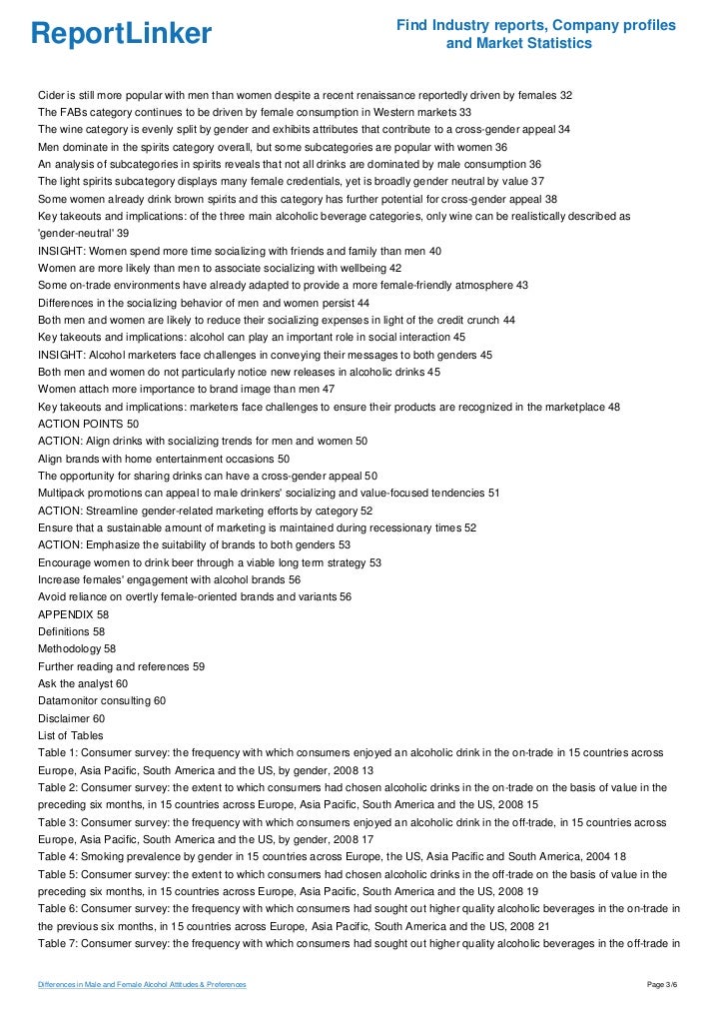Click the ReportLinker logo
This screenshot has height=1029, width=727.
[121, 34]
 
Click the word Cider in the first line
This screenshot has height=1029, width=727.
[52, 95]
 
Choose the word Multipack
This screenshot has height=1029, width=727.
[65, 493]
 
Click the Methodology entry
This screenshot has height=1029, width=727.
[69, 647]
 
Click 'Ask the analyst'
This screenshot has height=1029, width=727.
[75, 682]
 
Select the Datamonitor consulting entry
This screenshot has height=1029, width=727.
[94, 700]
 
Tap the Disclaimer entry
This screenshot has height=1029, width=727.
[64, 717]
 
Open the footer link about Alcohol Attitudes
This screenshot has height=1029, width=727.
[142, 986]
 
